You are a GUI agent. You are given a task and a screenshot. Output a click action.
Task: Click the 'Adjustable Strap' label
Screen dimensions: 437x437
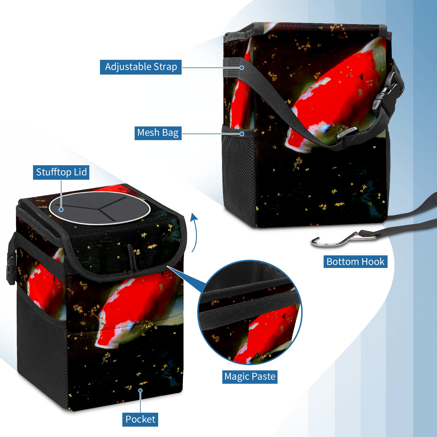click(x=141, y=67)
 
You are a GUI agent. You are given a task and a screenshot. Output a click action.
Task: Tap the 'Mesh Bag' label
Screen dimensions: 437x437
click(x=158, y=133)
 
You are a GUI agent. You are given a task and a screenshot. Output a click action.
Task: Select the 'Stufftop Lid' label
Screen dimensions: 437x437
click(x=61, y=172)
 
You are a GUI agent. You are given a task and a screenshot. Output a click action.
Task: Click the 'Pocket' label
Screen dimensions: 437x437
click(x=140, y=420)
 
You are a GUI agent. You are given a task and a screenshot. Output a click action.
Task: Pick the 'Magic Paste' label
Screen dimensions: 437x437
click(x=250, y=377)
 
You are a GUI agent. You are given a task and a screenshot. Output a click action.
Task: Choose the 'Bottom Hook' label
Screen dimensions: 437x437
click(x=355, y=262)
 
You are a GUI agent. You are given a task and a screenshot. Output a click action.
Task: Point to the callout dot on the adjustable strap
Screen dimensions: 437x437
click(x=242, y=67)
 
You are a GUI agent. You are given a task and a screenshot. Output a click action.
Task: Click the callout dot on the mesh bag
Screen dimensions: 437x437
click(x=242, y=134)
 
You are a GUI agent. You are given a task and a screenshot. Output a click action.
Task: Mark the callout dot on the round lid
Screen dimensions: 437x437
click(x=61, y=209)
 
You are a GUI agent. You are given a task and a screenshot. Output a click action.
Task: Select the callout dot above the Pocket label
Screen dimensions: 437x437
click(x=140, y=391)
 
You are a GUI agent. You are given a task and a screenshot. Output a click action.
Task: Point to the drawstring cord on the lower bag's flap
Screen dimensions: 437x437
click(x=132, y=257)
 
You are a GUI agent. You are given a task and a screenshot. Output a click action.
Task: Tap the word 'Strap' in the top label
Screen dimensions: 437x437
click(x=165, y=67)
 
